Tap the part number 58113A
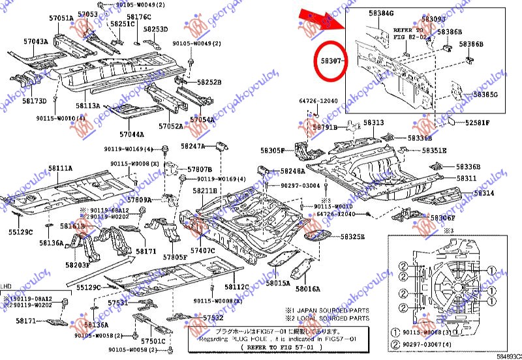(87, 105)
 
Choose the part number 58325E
(351, 236)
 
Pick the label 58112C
(237, 286)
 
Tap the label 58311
(466, 178)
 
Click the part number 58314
(484, 193)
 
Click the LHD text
(6, 286)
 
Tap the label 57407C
(203, 250)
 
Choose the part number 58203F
(78, 265)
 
